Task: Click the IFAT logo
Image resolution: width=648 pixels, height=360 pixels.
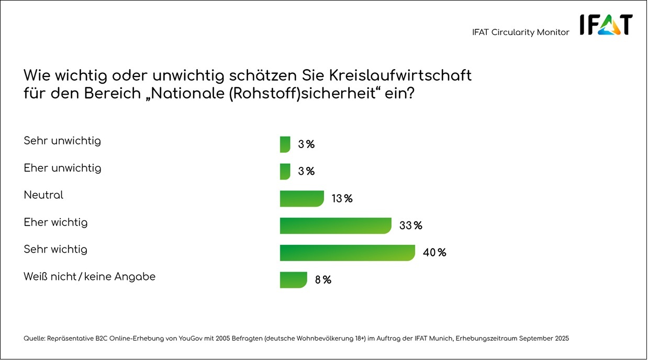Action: pyautogui.click(x=606, y=25)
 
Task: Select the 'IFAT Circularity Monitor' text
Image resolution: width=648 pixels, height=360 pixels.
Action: pyautogui.click(x=520, y=32)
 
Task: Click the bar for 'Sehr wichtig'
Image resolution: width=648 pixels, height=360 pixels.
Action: pyautogui.click(x=347, y=253)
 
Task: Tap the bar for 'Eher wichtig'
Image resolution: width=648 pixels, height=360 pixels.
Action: pyautogui.click(x=336, y=226)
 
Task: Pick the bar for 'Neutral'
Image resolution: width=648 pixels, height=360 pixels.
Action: pyautogui.click(x=302, y=199)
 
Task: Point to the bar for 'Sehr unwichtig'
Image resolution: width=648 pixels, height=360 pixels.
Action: pyautogui.click(x=285, y=144)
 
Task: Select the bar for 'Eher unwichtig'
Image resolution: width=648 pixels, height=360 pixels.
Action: pyautogui.click(x=285, y=172)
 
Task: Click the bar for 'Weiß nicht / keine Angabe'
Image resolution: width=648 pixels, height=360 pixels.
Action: pyautogui.click(x=293, y=280)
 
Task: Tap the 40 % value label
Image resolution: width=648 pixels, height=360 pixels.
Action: pyautogui.click(x=434, y=253)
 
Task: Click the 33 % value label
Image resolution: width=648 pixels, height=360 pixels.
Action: pyautogui.click(x=411, y=226)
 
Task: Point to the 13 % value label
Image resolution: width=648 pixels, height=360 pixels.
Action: pyautogui.click(x=342, y=199)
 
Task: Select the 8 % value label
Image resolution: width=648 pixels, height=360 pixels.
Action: pyautogui.click(x=323, y=280)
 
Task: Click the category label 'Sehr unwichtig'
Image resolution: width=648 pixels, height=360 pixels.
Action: pyautogui.click(x=62, y=141)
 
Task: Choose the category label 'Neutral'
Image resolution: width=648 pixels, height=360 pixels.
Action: pyautogui.click(x=43, y=195)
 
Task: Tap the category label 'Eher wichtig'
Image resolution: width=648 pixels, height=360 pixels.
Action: pyautogui.click(x=55, y=222)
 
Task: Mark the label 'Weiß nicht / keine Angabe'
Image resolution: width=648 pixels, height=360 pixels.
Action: pyautogui.click(x=90, y=277)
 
